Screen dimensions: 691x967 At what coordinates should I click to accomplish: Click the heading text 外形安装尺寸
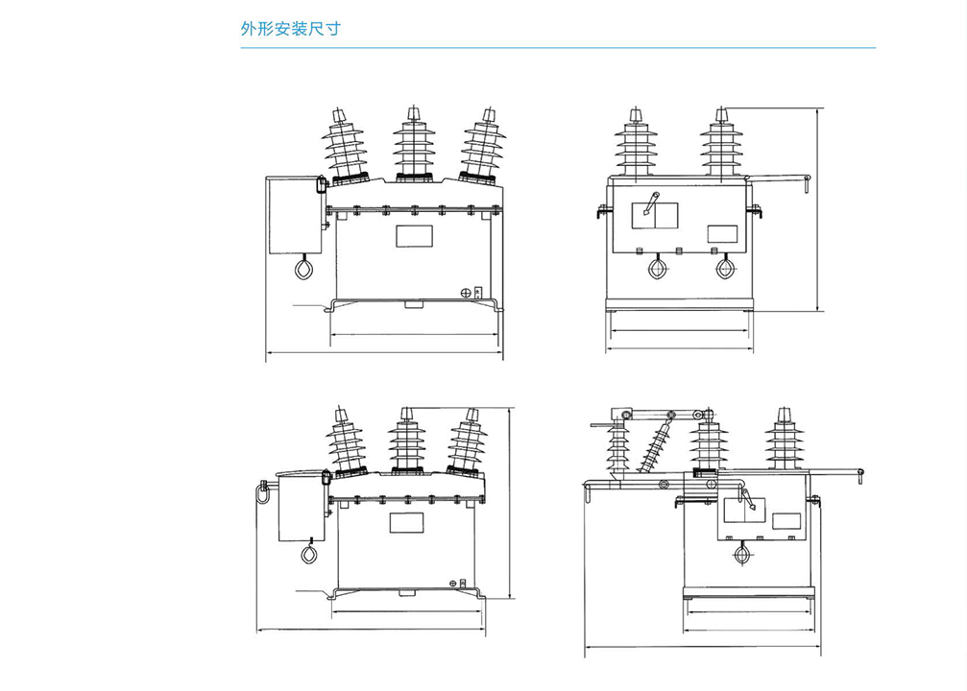pos(289,28)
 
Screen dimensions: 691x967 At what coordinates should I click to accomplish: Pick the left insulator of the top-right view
pos(635,144)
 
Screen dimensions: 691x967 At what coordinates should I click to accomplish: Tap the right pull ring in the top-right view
pos(726,269)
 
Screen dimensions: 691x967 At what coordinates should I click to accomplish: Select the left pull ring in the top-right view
pos(659,269)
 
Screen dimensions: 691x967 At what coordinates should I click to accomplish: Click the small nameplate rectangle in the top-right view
pos(722,233)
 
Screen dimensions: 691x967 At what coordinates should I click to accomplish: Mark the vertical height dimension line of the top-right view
pos(818,209)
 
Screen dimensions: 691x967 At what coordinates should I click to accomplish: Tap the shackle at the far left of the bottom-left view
pos(260,490)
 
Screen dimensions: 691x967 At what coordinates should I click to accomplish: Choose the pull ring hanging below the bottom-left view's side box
pos(309,554)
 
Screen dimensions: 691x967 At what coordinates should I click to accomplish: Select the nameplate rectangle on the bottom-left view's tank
pos(406,523)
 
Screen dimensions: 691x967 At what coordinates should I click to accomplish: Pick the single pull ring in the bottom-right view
pos(740,554)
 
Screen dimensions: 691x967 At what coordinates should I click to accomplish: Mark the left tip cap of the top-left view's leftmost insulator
pos(341,115)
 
